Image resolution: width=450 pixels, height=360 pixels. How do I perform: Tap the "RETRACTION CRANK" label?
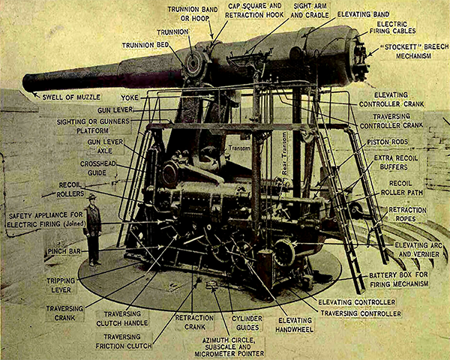click(195, 322)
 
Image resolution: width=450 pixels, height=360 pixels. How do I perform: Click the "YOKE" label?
click(129, 97)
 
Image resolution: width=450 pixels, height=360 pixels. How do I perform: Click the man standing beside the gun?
click(92, 229)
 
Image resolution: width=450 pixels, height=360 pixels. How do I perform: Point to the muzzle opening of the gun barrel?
click(28, 82)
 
